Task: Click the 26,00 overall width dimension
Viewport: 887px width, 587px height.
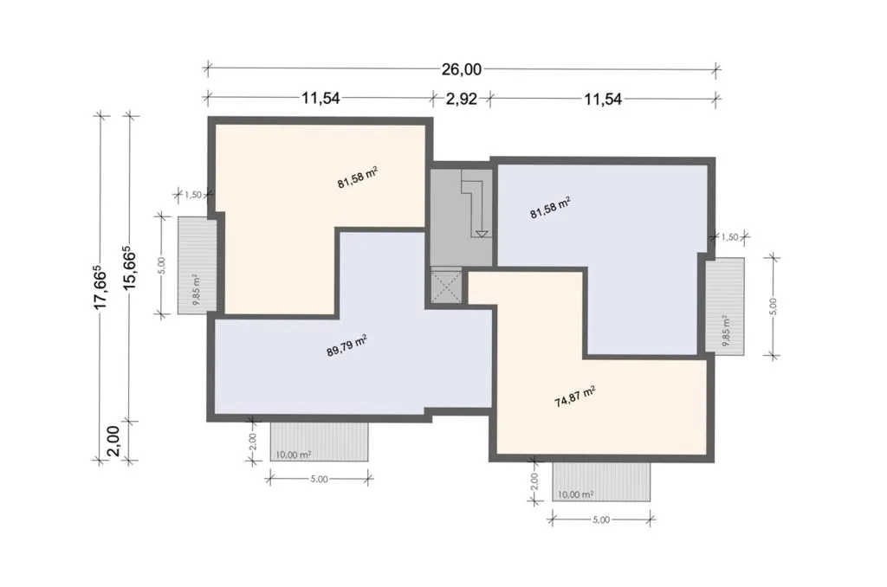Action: pos(461,69)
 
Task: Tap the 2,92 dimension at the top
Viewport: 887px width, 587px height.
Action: pos(461,99)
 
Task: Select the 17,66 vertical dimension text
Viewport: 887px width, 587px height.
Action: pos(100,287)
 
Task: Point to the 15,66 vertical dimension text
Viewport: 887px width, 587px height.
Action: pos(130,267)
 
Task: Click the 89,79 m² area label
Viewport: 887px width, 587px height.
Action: pos(347,345)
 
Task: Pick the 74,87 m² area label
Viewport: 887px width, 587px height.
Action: pos(575,397)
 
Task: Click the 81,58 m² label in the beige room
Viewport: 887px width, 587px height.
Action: pos(358,177)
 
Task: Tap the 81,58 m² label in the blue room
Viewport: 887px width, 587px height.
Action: pos(550,208)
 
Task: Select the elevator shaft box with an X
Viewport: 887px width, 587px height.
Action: pos(446,287)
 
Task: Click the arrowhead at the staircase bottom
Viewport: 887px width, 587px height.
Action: pos(482,233)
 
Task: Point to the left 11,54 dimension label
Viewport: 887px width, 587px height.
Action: pos(320,99)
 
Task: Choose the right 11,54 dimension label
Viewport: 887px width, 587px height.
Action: pos(603,99)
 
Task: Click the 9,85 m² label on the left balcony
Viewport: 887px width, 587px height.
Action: pos(196,289)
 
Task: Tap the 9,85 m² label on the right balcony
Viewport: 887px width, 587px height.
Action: pos(725,330)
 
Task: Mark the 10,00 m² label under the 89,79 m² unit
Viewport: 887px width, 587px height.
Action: pos(294,455)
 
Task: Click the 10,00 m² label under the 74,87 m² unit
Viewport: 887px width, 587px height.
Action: pos(576,495)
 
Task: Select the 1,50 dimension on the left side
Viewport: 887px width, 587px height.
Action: pos(193,195)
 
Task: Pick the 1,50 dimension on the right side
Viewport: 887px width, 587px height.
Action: pos(730,237)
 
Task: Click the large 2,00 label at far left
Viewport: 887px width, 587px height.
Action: pos(113,441)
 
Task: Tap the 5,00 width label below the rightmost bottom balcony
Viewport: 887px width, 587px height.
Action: pos(601,519)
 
